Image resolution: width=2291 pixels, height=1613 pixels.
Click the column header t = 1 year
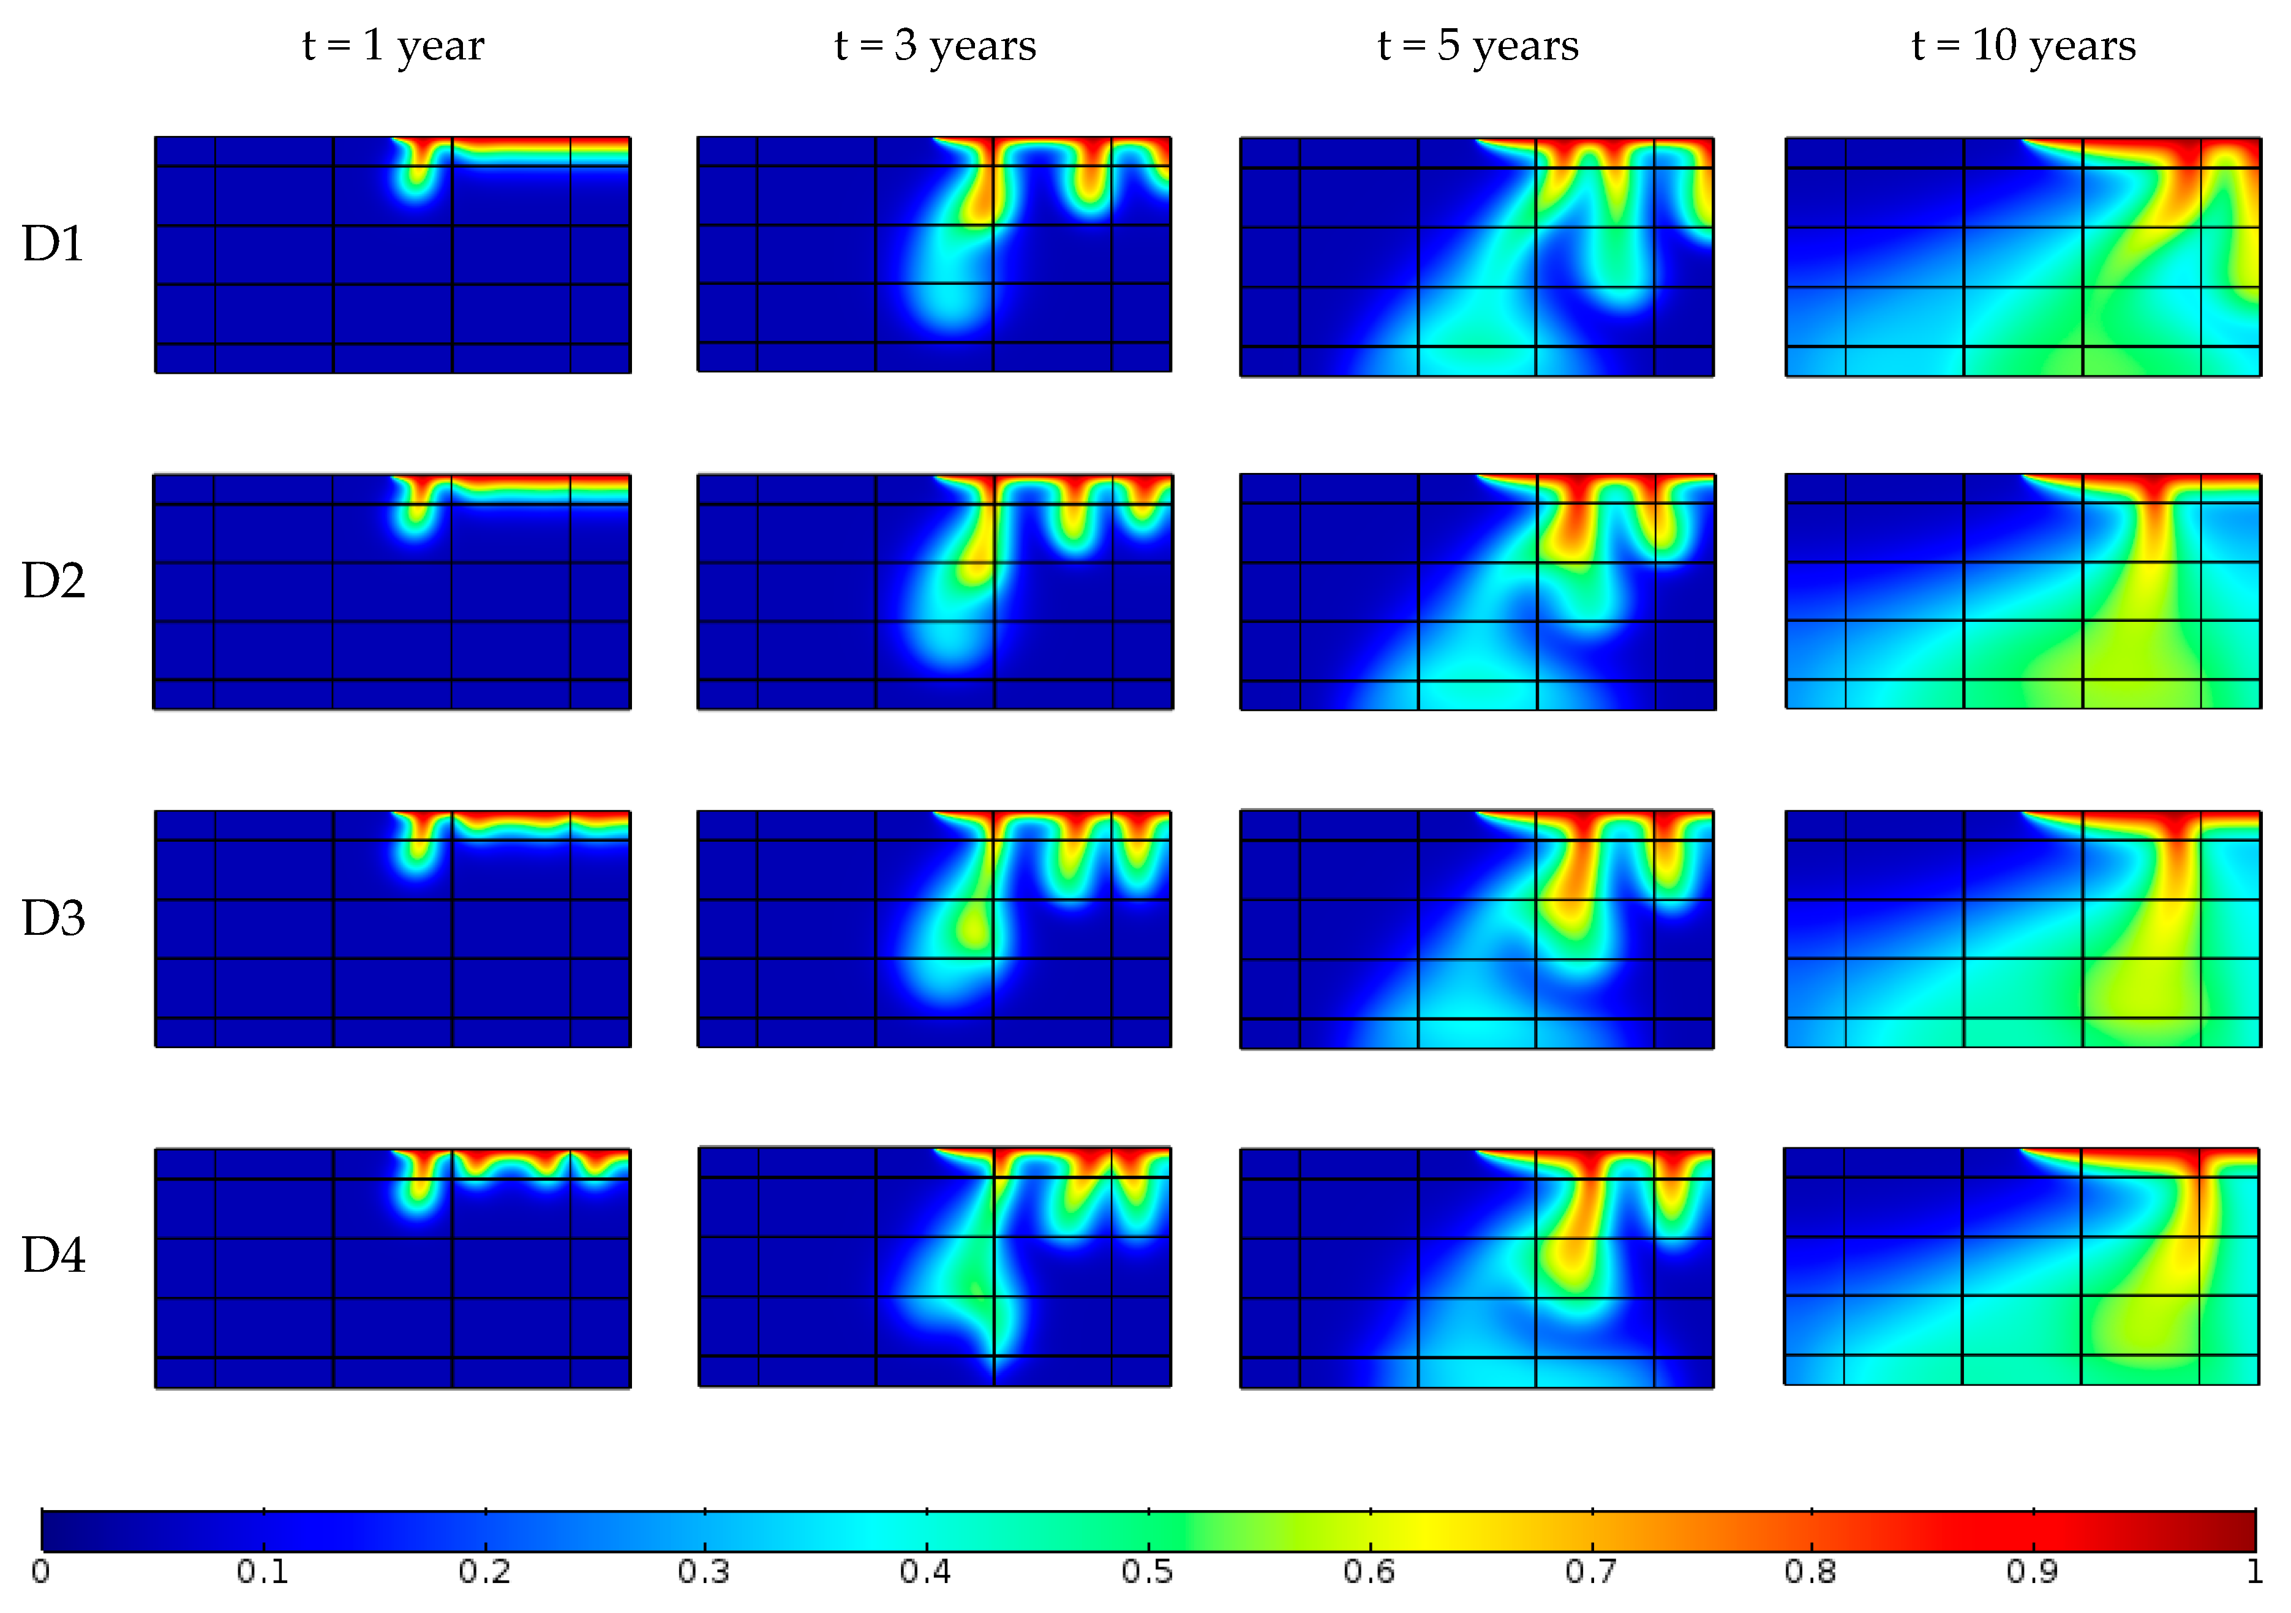tap(393, 46)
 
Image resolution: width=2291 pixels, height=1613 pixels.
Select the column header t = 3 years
tap(935, 46)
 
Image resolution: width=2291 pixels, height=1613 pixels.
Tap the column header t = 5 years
tap(1478, 46)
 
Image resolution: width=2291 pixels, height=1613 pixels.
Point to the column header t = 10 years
tap(2023, 46)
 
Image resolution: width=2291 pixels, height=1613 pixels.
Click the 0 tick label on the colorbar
tap(41, 1572)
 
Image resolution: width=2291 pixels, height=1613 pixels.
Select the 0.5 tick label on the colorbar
tap(1148, 1572)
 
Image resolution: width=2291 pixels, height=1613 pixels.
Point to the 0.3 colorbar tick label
tap(704, 1572)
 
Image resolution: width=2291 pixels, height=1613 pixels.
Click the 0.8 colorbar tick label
tap(1811, 1572)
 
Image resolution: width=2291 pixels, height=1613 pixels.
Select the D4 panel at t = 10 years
tap(2022, 1267)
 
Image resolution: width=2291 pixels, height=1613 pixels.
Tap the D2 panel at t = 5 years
tap(1478, 592)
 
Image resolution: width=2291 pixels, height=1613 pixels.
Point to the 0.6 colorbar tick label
tap(1369, 1572)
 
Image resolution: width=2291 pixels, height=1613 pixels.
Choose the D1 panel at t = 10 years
tap(2023, 257)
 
